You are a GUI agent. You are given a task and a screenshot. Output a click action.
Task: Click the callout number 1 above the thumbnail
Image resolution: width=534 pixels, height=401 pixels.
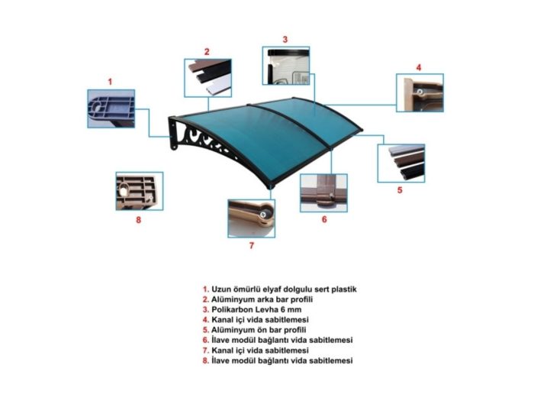(110, 82)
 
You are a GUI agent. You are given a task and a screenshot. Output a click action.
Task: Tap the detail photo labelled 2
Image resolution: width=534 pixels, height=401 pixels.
(207, 78)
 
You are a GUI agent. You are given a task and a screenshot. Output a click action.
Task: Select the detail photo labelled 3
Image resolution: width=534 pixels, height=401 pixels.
(286, 66)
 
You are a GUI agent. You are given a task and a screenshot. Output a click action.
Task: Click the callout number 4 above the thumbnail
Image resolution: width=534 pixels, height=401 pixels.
(419, 67)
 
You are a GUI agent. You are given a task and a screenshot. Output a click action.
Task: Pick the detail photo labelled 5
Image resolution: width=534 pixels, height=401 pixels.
(401, 163)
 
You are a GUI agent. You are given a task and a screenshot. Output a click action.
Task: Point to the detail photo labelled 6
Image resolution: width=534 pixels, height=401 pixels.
(324, 193)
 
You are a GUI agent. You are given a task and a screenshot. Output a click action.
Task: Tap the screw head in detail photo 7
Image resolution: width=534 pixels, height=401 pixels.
(263, 215)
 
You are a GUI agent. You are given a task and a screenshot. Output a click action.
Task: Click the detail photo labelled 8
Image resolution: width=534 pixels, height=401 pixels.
(140, 191)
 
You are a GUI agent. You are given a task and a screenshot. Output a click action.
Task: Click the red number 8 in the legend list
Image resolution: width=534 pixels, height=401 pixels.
(205, 361)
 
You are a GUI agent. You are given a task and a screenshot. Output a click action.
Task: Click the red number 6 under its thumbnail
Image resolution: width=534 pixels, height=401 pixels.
(324, 219)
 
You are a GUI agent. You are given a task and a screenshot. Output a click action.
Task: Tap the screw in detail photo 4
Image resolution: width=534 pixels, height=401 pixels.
(420, 92)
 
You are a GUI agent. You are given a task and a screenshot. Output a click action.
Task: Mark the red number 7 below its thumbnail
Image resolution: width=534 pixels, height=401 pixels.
(252, 245)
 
